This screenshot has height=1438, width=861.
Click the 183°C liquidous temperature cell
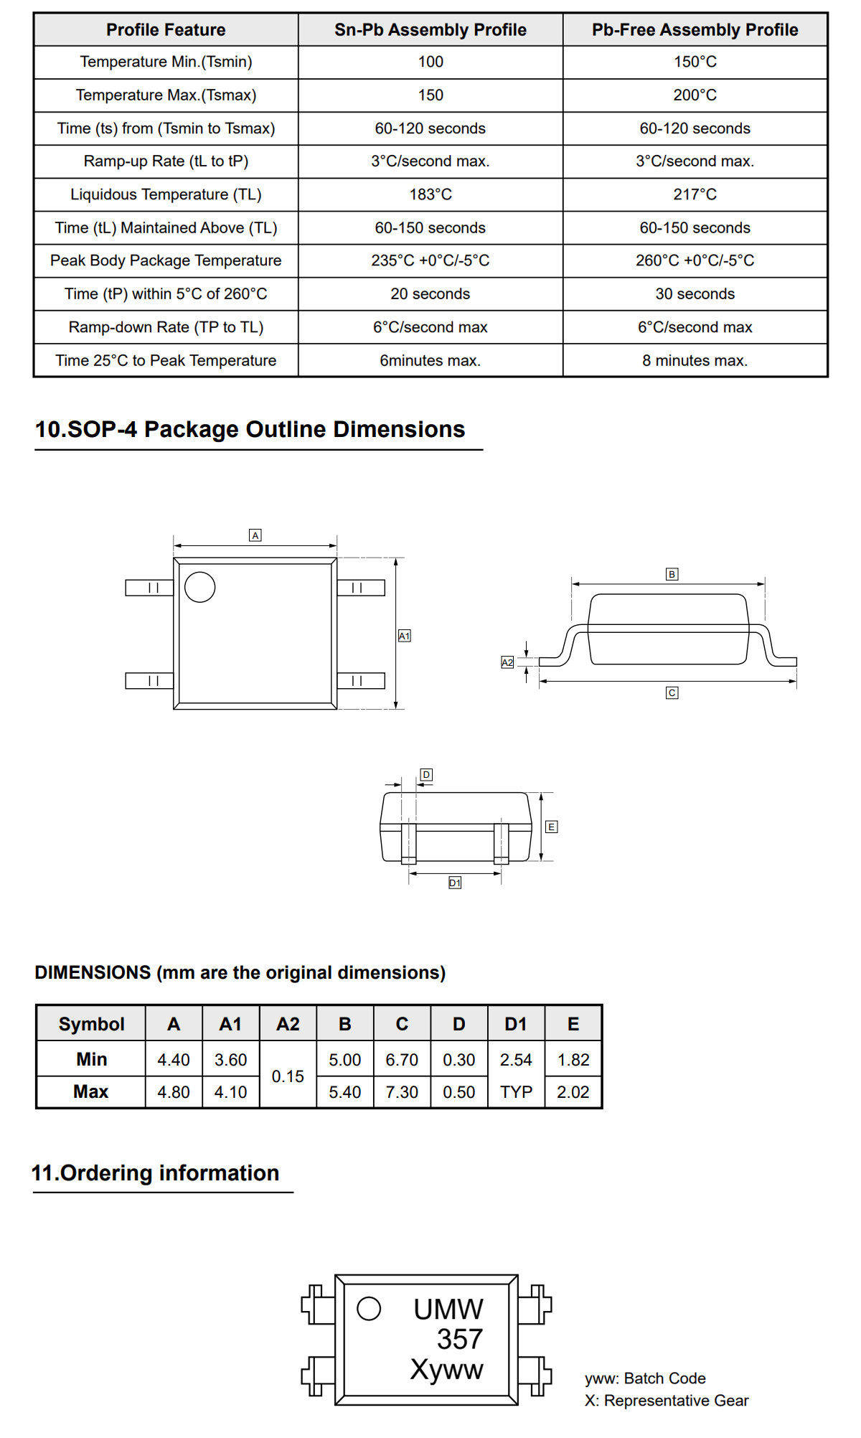click(x=430, y=194)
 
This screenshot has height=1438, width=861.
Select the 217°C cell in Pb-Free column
click(x=695, y=194)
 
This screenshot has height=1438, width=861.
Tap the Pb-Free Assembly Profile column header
click(x=695, y=29)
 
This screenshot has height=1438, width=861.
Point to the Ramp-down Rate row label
click(x=166, y=327)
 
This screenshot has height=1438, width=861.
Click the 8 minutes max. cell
click(x=695, y=360)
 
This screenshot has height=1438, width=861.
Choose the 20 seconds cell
click(x=430, y=293)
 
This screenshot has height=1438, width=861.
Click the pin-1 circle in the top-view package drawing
click(x=199, y=587)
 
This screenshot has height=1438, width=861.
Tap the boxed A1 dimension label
click(x=405, y=636)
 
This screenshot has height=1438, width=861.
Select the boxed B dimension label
click(x=672, y=574)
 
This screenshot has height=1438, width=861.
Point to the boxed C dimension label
click(x=672, y=692)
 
